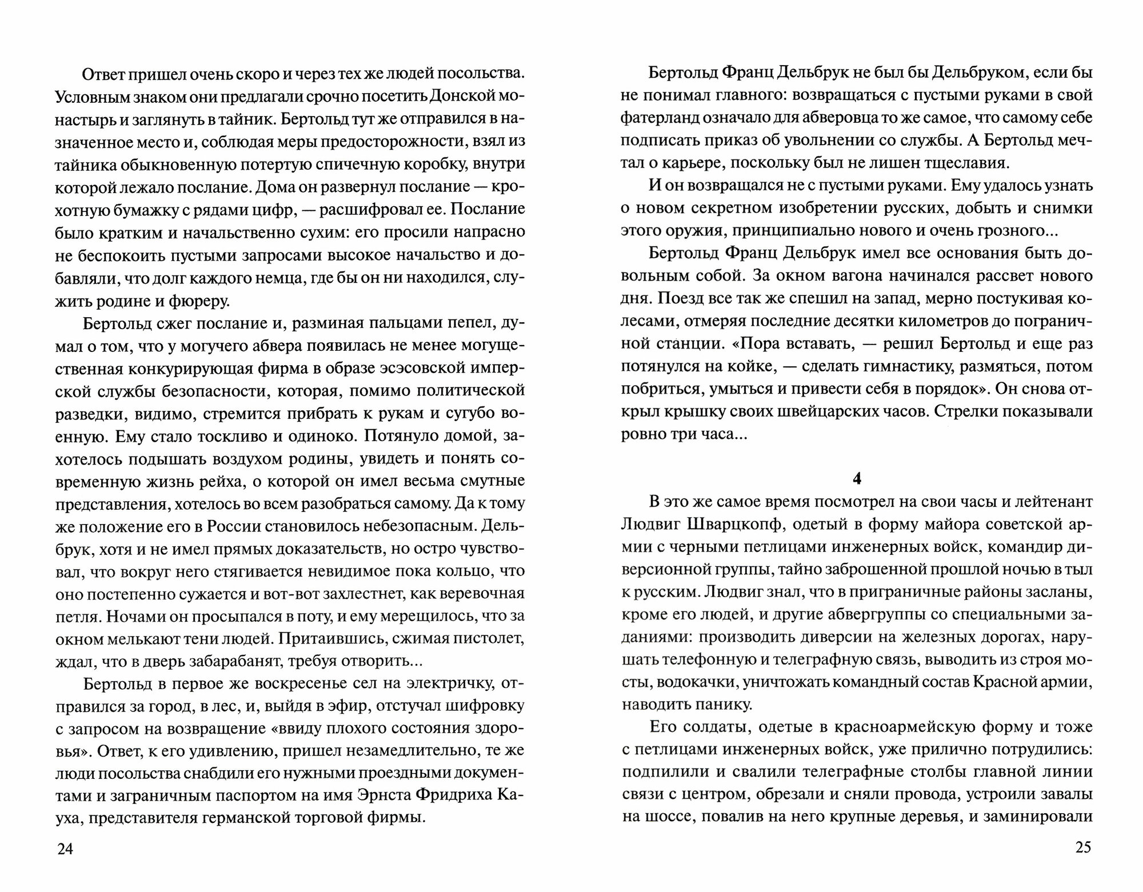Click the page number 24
66,849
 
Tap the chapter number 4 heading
856,479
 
